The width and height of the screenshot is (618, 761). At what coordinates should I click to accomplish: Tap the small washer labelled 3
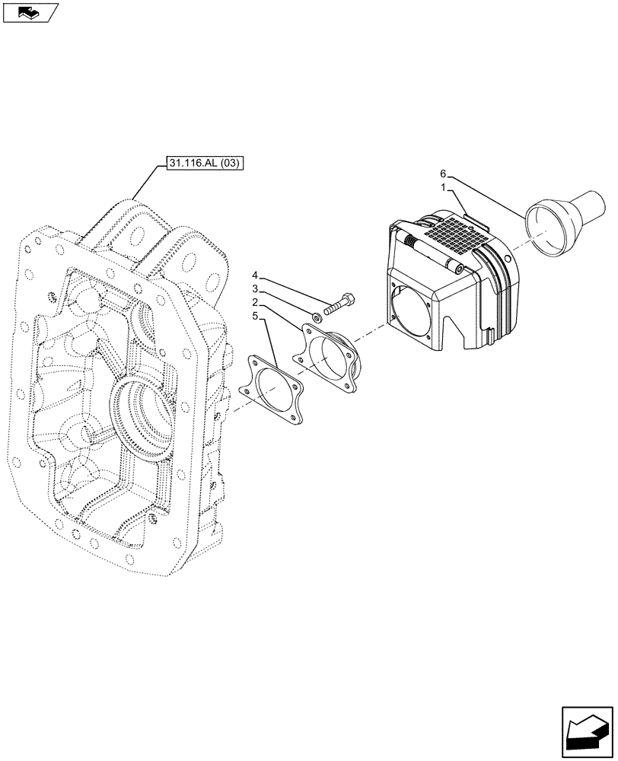(x=316, y=314)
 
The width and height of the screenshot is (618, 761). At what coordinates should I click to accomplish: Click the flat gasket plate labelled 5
(x=272, y=391)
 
